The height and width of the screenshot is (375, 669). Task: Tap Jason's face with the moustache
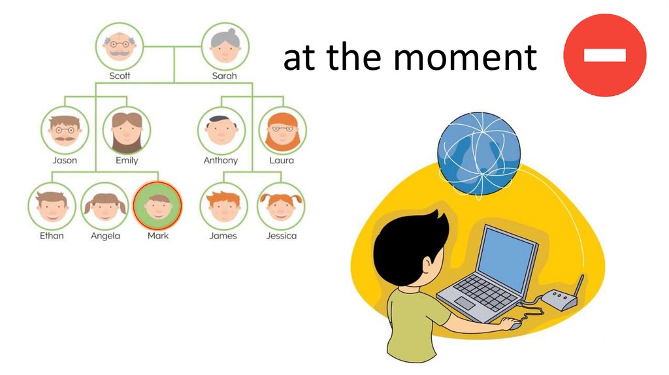tap(65, 130)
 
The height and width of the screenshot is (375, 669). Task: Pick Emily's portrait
tap(126, 130)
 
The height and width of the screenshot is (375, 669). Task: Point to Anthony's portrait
tap(221, 130)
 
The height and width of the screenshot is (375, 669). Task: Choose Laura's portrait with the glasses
tap(282, 130)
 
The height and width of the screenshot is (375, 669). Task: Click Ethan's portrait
tap(52, 206)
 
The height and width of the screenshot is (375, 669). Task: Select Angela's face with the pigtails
tap(105, 206)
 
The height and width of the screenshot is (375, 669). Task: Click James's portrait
tap(223, 206)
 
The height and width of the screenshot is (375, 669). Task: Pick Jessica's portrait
tap(281, 206)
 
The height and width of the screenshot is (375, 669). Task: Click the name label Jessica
tap(281, 236)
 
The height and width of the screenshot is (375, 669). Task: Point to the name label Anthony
tap(221, 160)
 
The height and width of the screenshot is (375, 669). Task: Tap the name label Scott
tap(120, 76)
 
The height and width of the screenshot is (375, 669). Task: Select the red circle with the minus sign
tap(604, 55)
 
